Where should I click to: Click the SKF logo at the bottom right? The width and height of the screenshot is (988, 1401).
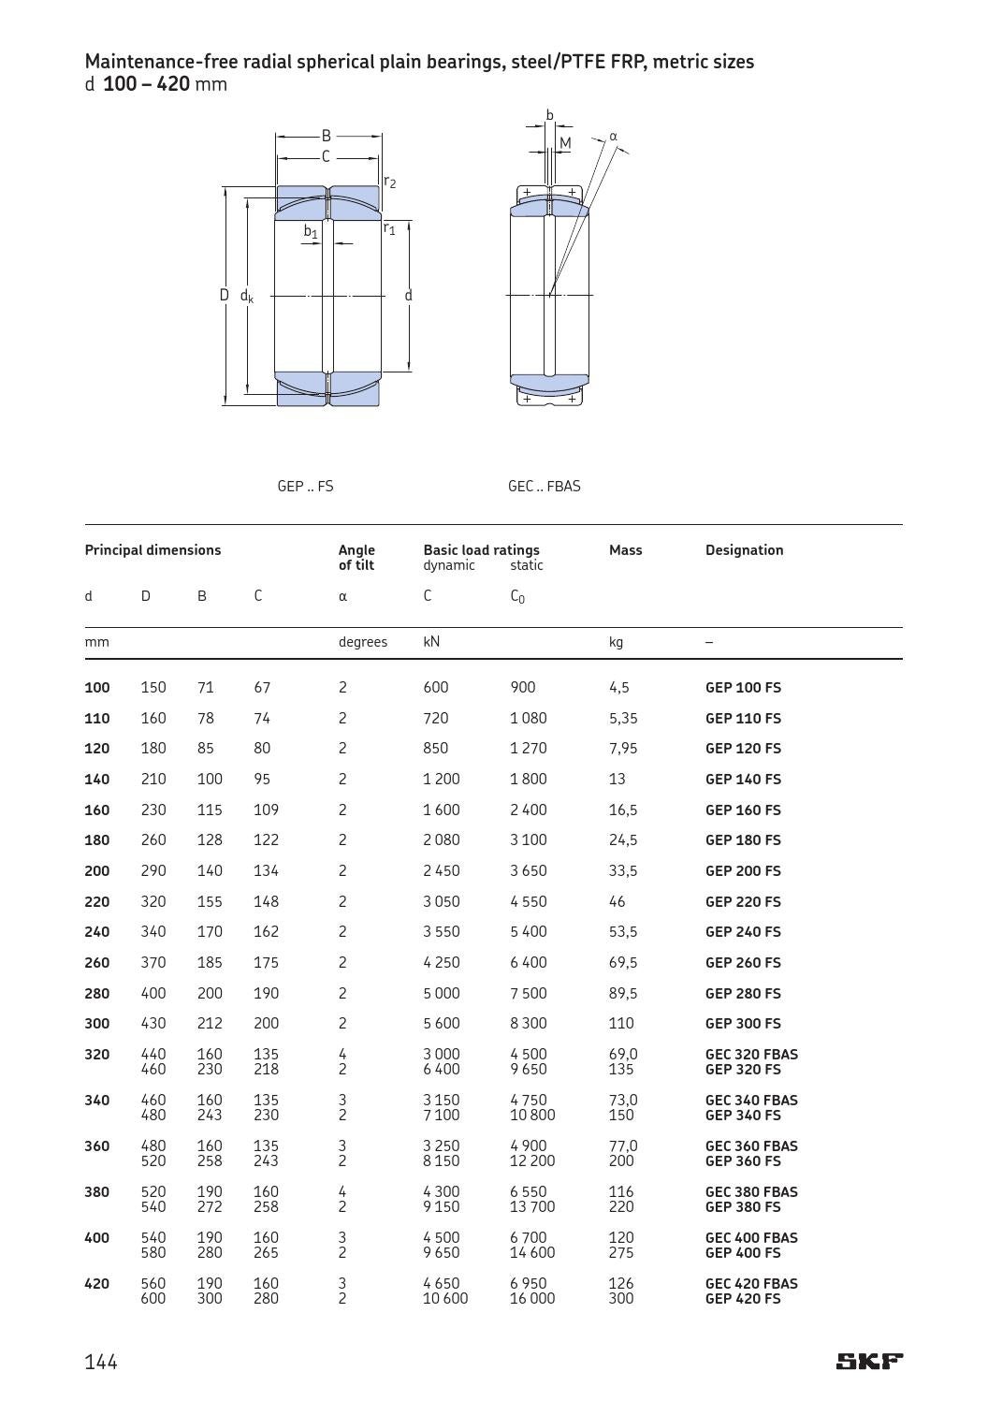(869, 1361)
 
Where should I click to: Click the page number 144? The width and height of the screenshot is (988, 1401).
(101, 1362)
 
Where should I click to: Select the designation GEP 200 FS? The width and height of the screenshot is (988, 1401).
(743, 870)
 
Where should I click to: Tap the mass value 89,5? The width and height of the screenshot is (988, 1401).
(623, 993)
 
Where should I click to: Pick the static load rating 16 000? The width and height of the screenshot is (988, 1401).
(532, 1298)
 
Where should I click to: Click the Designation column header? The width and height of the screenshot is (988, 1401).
(744, 549)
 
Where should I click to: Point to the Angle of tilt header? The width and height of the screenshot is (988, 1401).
(356, 557)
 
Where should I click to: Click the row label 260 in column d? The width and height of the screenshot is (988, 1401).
(97, 962)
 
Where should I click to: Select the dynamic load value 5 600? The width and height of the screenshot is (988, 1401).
(441, 1023)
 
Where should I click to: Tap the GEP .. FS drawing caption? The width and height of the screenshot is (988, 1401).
(305, 486)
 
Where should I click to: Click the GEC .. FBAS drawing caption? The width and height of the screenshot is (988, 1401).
(544, 486)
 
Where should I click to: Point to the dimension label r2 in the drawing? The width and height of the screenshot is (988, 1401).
(390, 182)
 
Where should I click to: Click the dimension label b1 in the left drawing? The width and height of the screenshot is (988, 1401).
(311, 231)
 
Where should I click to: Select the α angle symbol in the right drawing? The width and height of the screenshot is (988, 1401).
(614, 136)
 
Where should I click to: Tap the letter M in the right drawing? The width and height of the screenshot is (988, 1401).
(564, 143)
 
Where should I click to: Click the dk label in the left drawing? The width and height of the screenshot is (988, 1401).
(247, 296)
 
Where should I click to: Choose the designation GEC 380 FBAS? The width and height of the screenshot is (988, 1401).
(751, 1191)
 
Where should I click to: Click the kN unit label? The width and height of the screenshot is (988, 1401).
(431, 642)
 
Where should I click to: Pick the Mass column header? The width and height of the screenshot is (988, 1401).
(625, 549)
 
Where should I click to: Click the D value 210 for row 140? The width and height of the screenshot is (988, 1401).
(153, 779)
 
